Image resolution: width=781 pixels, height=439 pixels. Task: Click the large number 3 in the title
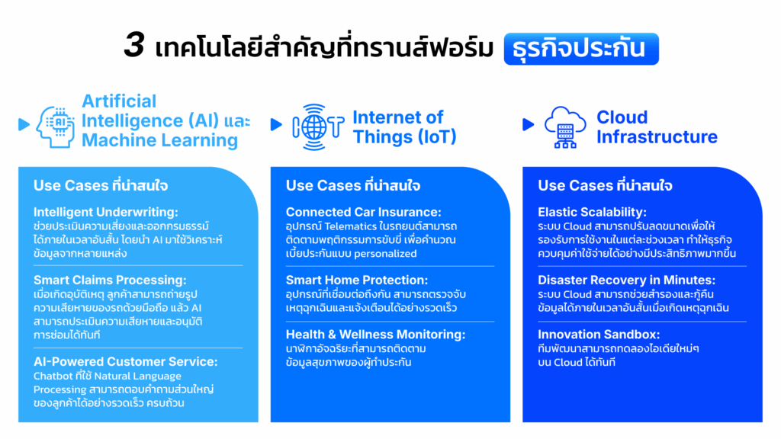pos(134,45)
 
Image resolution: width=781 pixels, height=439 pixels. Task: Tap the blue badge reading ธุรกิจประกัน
pos(581,49)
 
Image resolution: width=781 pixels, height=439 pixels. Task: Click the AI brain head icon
pos(55,127)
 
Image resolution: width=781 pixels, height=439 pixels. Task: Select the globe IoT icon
pos(318,127)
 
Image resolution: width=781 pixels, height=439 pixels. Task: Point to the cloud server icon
pos(565,127)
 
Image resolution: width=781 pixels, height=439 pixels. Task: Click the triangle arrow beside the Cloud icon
pos(528,124)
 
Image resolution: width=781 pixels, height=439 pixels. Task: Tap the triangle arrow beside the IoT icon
pos(276,124)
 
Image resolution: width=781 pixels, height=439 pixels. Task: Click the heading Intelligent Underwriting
pos(105,212)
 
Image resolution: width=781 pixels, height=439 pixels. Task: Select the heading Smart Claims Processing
pos(110,280)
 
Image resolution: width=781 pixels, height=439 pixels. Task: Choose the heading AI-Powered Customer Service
pos(126,362)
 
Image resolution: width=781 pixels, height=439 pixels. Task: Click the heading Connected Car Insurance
pos(364,212)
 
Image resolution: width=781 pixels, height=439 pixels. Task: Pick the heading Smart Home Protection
pos(357,280)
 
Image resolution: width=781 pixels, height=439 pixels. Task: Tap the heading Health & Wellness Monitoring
pos(375,335)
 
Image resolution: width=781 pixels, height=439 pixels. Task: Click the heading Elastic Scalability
pos(592,212)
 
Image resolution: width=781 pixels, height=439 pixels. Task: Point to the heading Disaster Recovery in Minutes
pos(627,280)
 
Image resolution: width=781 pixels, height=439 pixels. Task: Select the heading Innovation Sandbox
pos(599,335)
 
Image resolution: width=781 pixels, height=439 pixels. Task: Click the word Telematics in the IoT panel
pos(351,226)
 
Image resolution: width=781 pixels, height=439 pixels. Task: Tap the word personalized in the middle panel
pos(385,254)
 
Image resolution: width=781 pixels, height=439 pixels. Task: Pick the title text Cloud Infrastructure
pos(657,127)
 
